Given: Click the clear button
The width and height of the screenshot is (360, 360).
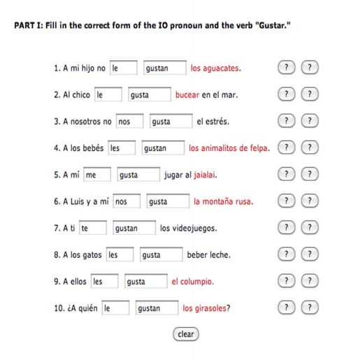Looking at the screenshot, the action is click(185, 334).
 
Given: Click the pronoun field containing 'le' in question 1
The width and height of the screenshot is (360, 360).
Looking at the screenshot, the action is click(123, 69).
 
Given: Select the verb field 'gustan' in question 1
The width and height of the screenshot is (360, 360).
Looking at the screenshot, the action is click(164, 69).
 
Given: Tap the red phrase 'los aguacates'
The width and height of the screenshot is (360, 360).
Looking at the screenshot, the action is click(216, 69).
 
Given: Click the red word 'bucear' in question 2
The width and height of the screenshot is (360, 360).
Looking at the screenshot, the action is click(187, 95).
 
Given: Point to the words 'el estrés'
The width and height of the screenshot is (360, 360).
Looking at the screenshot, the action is click(213, 122).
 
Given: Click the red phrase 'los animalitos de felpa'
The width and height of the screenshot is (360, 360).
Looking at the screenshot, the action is click(229, 148).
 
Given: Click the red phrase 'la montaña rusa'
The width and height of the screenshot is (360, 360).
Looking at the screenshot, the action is click(223, 202).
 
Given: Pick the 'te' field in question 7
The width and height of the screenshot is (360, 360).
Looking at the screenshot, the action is click(93, 229).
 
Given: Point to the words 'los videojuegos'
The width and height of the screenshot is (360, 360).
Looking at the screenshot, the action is click(188, 229).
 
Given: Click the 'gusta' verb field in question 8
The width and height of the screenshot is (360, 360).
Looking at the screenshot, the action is click(161, 255).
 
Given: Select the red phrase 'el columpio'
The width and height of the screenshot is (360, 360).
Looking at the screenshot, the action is click(192, 282).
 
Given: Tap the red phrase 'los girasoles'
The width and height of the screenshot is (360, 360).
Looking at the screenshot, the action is click(206, 308).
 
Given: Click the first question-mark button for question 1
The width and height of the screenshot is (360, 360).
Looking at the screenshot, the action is click(285, 69).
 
